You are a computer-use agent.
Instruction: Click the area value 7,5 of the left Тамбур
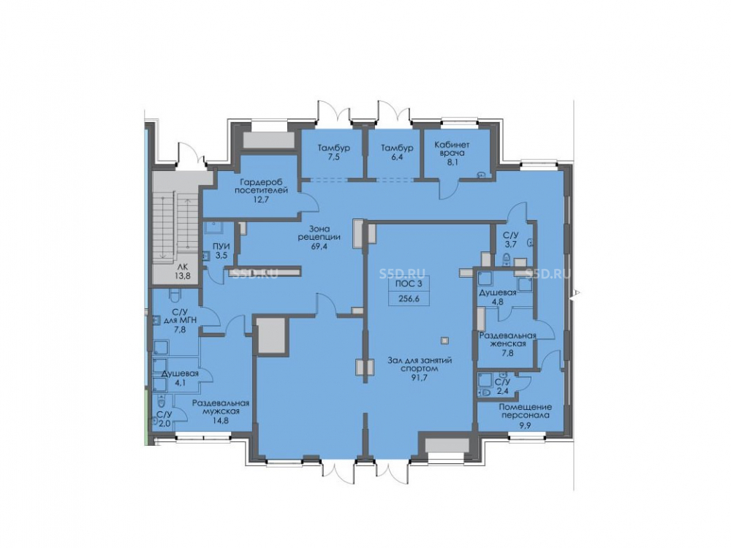click(334, 158)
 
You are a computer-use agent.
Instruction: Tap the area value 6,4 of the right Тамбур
click(397, 158)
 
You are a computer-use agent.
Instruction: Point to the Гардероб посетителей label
click(261, 186)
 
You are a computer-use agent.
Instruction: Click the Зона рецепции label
click(319, 233)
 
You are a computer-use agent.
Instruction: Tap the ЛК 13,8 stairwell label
click(182, 271)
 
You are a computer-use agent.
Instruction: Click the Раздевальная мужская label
click(221, 407)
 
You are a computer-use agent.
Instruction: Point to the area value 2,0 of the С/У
click(164, 423)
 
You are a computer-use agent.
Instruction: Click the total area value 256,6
click(409, 299)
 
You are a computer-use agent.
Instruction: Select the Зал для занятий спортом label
click(420, 365)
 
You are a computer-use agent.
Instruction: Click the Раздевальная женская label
click(508, 340)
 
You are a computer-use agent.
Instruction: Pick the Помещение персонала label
click(526, 411)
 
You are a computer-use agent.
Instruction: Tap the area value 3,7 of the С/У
click(511, 244)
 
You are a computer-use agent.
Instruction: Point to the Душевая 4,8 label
click(498, 297)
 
